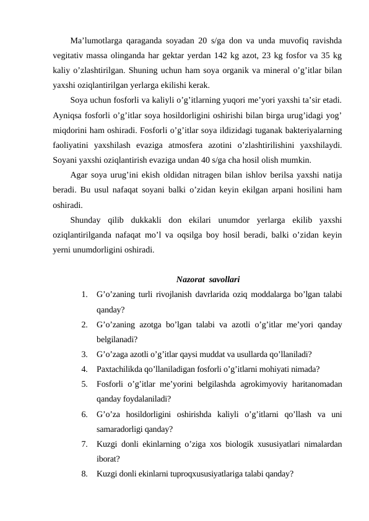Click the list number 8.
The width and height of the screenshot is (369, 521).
tap(83, 473)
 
